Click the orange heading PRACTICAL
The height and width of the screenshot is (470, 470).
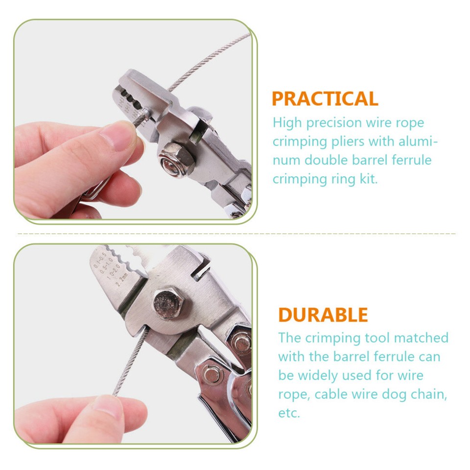pos(325,99)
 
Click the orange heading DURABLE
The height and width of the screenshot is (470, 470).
pos(323,315)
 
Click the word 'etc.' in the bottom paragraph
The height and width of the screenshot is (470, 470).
pos(289,413)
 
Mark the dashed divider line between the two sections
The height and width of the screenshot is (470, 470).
pos(235,234)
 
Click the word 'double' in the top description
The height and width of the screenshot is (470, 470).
pos(329,160)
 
